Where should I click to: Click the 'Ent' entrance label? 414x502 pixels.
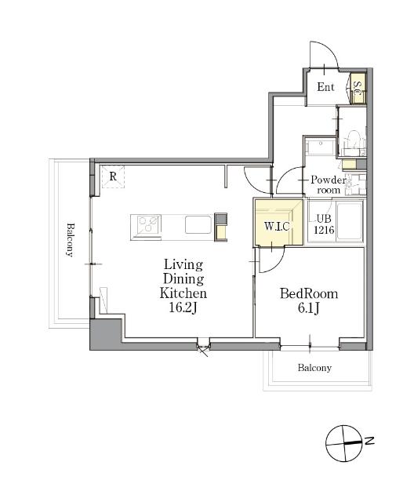(x=325, y=87)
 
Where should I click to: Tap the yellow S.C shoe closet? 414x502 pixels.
(x=358, y=89)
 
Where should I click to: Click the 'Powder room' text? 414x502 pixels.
(x=329, y=185)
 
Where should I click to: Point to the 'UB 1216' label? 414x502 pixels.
(x=324, y=224)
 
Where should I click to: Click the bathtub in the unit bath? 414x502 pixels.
(x=349, y=221)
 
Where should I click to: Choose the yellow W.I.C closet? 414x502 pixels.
(x=278, y=223)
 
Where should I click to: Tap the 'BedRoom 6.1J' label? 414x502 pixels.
(x=309, y=301)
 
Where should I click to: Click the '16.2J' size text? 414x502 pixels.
(x=183, y=307)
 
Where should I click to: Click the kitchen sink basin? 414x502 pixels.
(x=198, y=225)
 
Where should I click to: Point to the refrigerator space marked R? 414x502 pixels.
(x=113, y=176)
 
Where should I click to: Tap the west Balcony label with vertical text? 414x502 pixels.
(x=70, y=240)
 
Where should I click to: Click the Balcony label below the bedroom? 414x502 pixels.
(x=314, y=368)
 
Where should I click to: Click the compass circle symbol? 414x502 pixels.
(x=344, y=443)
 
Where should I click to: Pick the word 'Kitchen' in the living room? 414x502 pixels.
(x=183, y=293)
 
